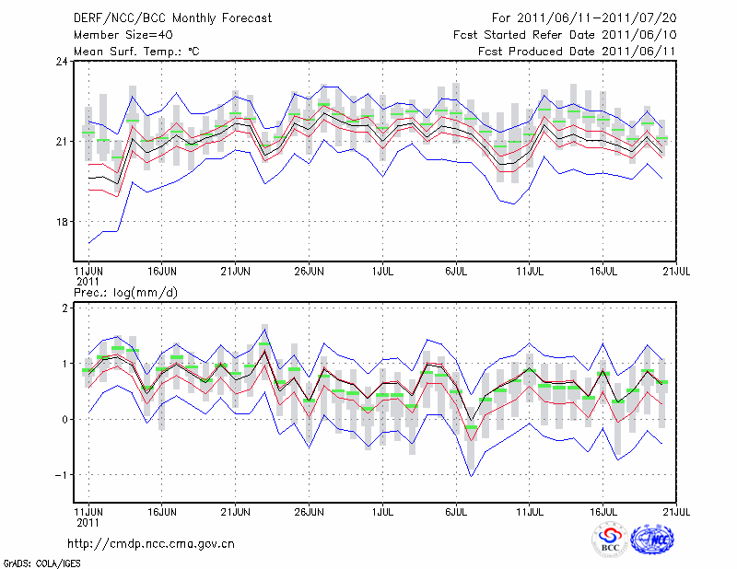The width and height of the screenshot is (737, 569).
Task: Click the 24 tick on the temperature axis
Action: point(62,62)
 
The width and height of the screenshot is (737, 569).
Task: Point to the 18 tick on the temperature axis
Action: point(62,222)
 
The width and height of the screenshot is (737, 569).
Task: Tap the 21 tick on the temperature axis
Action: point(62,142)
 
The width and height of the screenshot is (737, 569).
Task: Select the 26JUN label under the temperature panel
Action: point(309,272)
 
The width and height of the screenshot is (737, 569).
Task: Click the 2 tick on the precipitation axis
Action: point(65,308)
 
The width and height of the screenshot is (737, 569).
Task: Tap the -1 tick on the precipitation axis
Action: point(62,475)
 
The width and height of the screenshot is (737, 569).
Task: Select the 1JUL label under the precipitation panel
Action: point(382,510)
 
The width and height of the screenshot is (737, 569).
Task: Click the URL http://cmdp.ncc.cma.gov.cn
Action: point(153,543)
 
